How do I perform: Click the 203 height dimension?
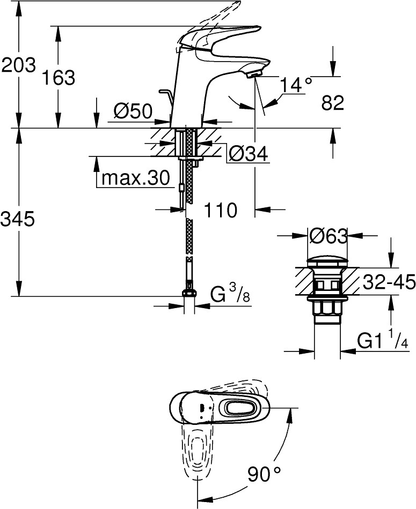coord(19,65)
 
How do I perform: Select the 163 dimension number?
coord(59,78)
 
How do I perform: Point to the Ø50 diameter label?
coord(133,112)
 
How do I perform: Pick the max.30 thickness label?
coord(136,178)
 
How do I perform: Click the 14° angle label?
coord(296,85)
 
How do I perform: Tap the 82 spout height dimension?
coord(333,103)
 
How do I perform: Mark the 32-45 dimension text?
coord(389,281)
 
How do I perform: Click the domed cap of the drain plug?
coord(327,261)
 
